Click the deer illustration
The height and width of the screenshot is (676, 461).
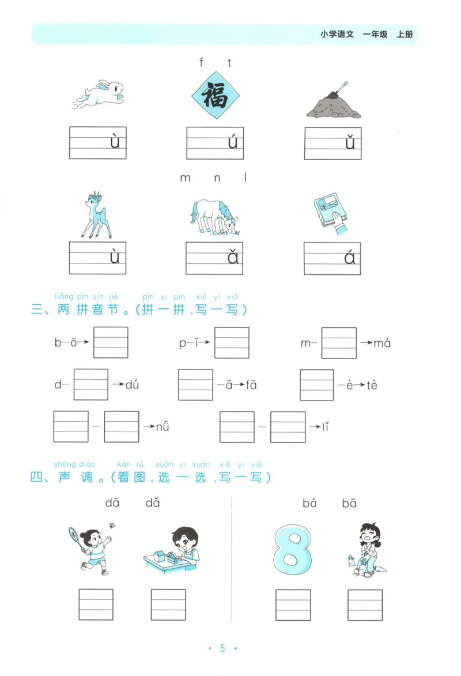tap(96, 214)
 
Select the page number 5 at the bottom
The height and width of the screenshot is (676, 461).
tap(222, 648)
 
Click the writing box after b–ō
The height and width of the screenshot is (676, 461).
tap(111, 342)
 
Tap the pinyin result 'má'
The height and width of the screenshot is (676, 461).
tap(382, 343)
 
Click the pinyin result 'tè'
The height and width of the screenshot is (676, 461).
tap(372, 385)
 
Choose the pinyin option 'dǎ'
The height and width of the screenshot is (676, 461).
tap(153, 503)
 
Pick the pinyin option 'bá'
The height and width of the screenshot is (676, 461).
tap(310, 503)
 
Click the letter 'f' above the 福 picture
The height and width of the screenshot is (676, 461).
tap(201, 63)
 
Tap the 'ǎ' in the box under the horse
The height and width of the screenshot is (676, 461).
tap(232, 257)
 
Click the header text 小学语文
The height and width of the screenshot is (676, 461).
tap(337, 34)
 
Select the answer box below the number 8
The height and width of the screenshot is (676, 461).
tap(293, 605)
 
